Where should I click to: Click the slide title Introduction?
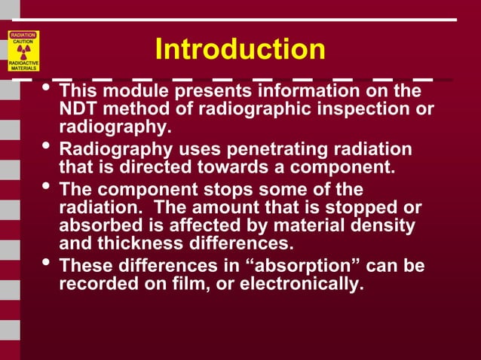[240, 50]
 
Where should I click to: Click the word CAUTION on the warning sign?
[24, 40]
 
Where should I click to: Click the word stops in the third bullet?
[222, 189]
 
